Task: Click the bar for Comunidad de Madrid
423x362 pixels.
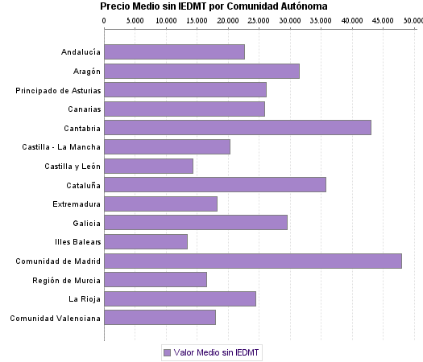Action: coord(252,261)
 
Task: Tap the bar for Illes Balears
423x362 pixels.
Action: coord(146,241)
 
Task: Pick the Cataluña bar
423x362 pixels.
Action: coord(215,184)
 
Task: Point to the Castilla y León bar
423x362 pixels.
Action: coord(148,166)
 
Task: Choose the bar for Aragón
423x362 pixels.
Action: coord(201,71)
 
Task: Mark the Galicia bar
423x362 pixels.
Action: coord(196,223)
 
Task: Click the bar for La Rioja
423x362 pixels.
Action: coord(180,298)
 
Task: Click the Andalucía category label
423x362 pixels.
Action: coord(81,52)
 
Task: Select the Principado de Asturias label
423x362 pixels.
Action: coord(58,90)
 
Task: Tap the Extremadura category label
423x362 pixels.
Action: coord(77,204)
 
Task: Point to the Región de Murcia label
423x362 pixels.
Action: coord(67,280)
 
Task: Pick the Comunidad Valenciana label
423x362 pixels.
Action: coord(56,318)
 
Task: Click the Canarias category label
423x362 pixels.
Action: coord(82,109)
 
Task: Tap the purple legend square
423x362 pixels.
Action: coord(167,352)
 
